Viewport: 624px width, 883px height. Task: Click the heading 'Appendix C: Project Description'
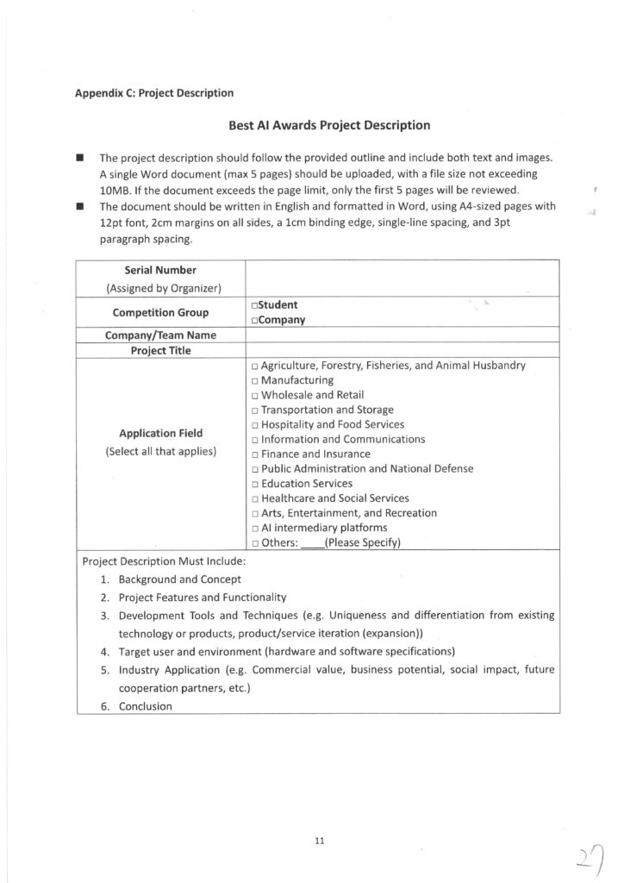pos(154,92)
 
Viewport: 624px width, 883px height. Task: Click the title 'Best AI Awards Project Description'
pos(329,125)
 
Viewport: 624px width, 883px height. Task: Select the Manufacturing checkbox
pos(256,380)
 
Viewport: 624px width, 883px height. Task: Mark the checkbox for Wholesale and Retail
pos(256,395)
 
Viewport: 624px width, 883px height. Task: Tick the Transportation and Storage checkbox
pos(256,410)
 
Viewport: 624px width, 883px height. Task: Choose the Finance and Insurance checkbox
pos(256,454)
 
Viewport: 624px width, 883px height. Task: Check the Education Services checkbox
pos(256,484)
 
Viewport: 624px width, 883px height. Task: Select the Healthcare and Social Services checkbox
pos(256,498)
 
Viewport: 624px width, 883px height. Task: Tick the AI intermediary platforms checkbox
pos(256,528)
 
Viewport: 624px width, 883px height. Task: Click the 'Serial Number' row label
pos(160,270)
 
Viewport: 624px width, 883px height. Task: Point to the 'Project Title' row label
pos(160,350)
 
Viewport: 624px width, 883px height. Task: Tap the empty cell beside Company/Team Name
pos(402,335)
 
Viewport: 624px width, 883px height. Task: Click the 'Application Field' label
pos(160,434)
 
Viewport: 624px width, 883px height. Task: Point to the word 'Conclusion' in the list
pos(145,706)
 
